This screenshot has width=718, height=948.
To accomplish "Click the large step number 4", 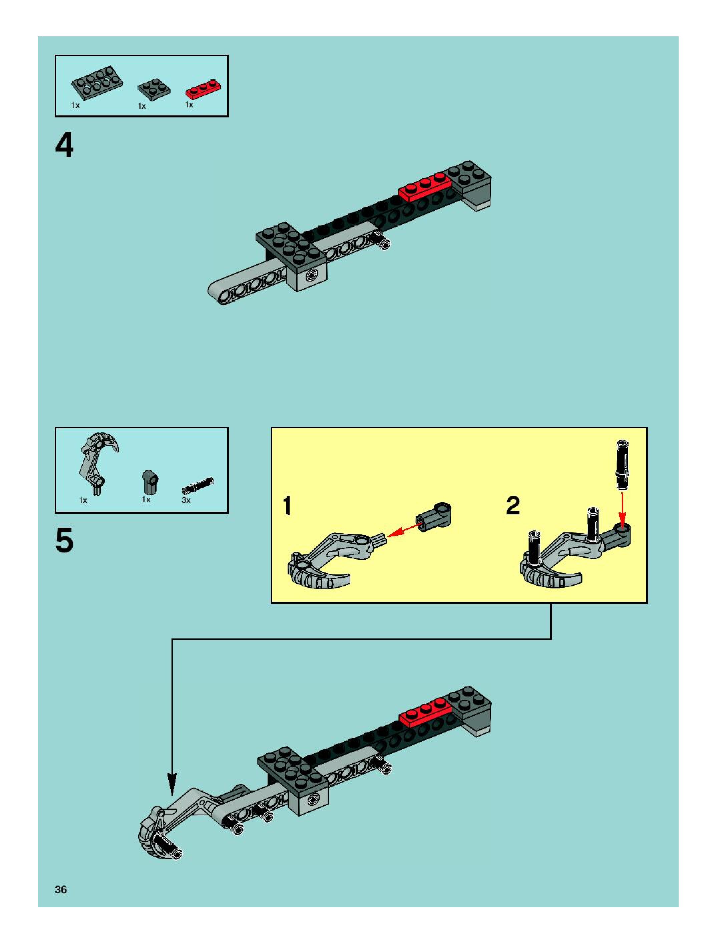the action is coord(64,146).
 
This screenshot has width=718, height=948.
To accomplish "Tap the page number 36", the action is coord(61,890).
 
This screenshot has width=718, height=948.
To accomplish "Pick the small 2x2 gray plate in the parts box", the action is coord(153,88).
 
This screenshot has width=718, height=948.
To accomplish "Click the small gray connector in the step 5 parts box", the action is coord(149,481).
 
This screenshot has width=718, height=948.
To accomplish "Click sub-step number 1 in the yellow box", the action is coord(288,506).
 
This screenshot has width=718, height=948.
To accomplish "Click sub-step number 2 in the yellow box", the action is coord(513,506).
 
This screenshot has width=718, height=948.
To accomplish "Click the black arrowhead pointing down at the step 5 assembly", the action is coord(171,784).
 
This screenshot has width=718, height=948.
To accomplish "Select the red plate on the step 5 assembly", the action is coord(426,714).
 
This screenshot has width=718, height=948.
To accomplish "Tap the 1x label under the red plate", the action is coord(189,104).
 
